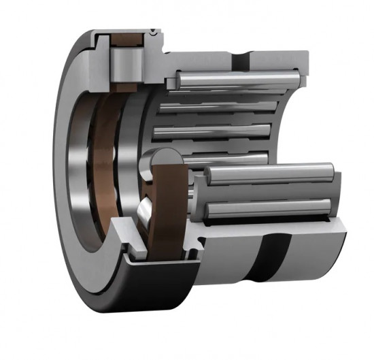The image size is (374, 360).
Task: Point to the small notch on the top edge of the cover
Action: coord(156,31)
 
